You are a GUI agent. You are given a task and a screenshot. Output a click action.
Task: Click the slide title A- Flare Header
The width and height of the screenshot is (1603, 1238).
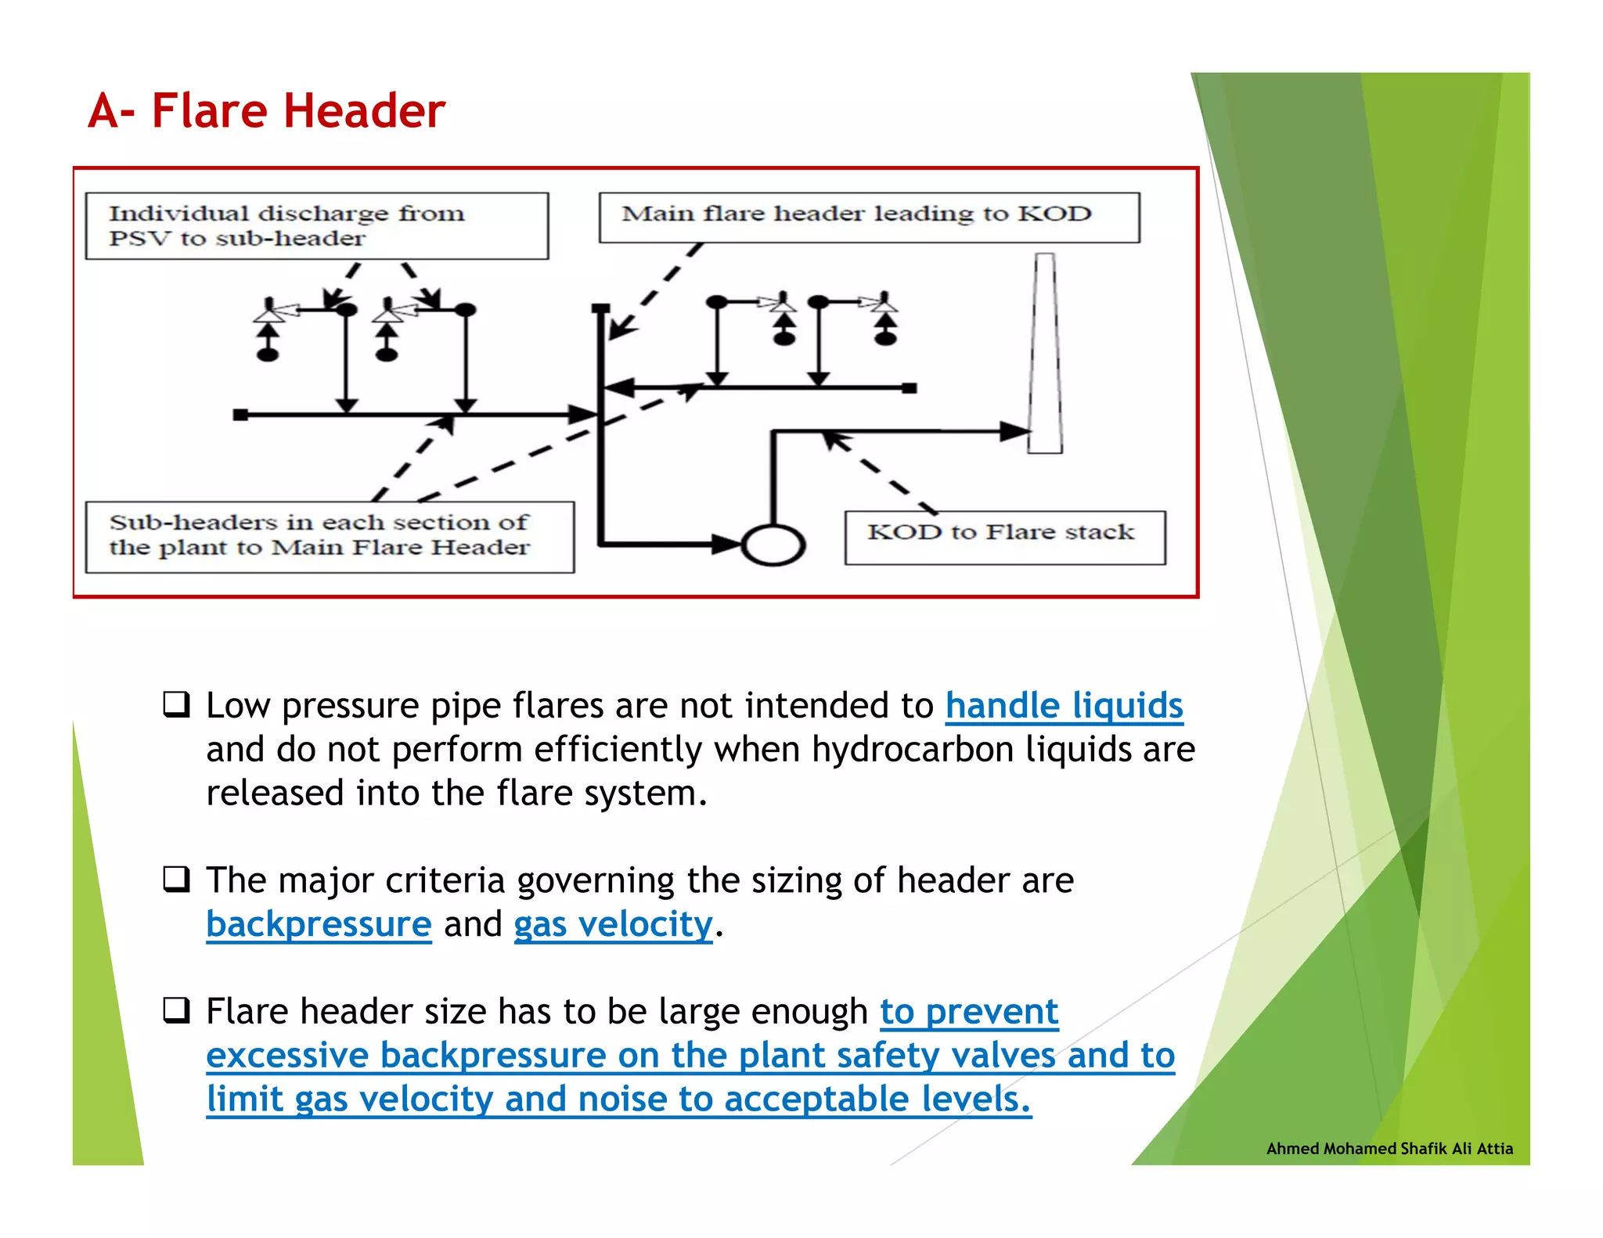pyautogui.click(x=266, y=110)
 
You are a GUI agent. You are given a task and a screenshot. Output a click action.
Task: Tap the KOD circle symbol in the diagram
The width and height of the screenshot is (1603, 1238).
pyautogui.click(x=773, y=545)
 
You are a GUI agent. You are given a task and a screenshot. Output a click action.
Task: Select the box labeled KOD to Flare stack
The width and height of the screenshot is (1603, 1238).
pyautogui.click(x=1004, y=538)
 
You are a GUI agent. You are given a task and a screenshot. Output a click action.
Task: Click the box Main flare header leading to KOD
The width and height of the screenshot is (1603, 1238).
pyautogui.click(x=869, y=217)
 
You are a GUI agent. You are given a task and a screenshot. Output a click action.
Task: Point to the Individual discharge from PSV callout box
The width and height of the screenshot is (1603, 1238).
pyautogui.click(x=316, y=225)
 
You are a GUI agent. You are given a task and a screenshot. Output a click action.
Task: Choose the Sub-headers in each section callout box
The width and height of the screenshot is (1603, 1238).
pyautogui.click(x=329, y=537)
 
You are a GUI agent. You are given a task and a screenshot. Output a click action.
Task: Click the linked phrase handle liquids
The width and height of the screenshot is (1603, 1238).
pyautogui.click(x=1064, y=705)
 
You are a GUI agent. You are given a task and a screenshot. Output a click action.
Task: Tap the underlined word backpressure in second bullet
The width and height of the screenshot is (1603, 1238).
pyautogui.click(x=319, y=924)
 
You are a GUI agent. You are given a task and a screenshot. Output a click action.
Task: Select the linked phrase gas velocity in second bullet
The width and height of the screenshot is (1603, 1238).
pyautogui.click(x=613, y=924)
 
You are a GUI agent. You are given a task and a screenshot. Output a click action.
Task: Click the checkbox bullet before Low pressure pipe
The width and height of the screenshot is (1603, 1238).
pyautogui.click(x=176, y=704)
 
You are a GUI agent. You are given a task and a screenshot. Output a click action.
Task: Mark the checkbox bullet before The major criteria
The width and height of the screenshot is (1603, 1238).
pyautogui.click(x=176, y=880)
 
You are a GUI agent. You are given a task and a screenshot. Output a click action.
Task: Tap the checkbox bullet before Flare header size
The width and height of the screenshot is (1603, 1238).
pyautogui.click(x=176, y=1010)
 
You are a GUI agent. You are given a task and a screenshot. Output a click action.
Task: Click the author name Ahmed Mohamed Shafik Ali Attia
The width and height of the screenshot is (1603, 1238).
pyautogui.click(x=1389, y=1148)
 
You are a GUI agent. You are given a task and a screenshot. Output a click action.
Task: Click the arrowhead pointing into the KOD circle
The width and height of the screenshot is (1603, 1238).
pyautogui.click(x=726, y=544)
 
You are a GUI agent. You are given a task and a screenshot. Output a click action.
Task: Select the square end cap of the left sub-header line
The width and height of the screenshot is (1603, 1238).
pyautogui.click(x=240, y=415)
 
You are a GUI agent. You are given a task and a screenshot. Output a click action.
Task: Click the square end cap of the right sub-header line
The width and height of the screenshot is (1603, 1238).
pyautogui.click(x=909, y=387)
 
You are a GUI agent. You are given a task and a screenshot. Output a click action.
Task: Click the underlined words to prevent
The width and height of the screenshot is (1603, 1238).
pyautogui.click(x=969, y=1011)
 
